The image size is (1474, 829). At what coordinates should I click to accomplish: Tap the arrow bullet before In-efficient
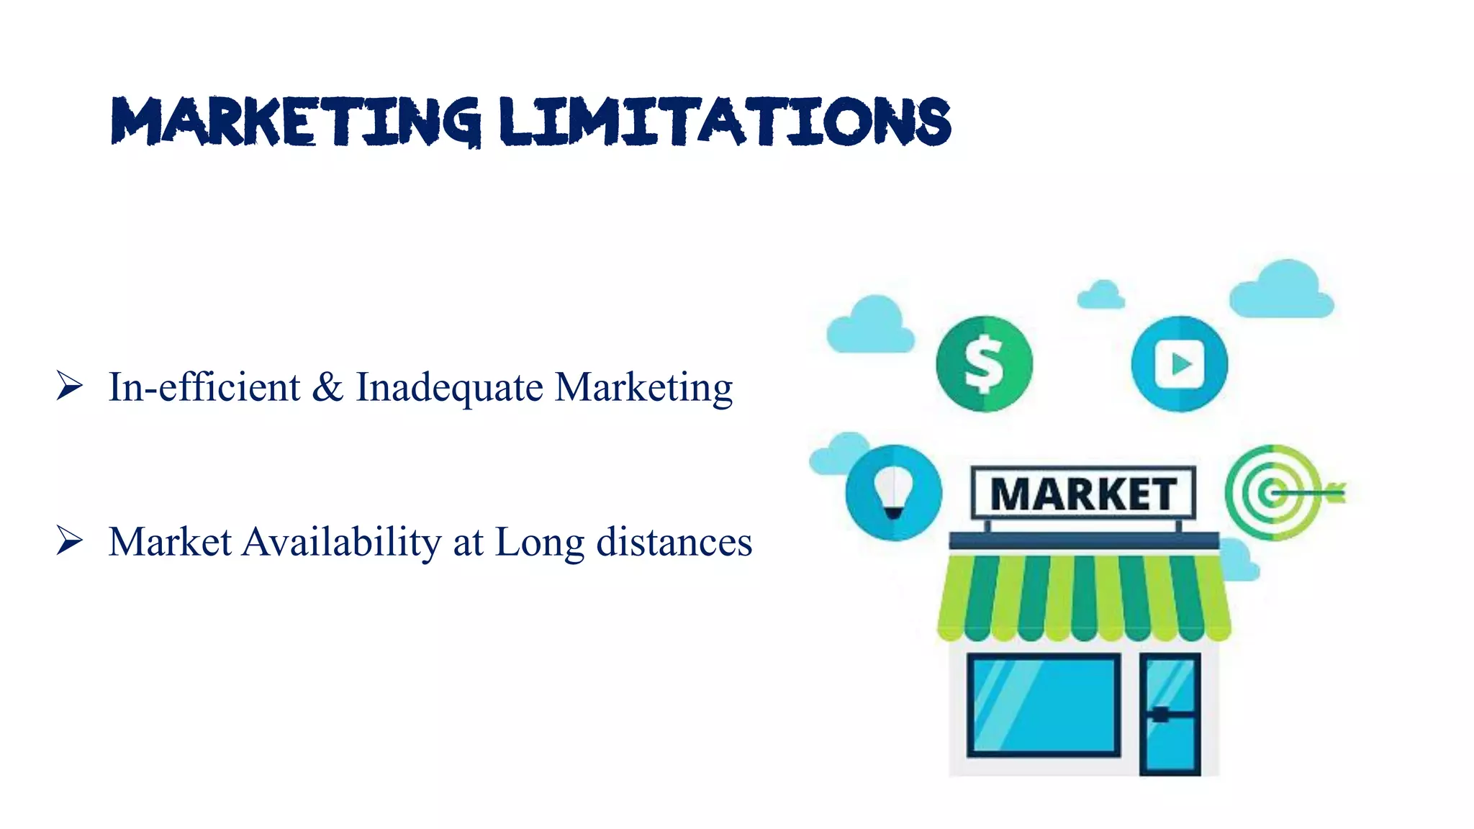(70, 386)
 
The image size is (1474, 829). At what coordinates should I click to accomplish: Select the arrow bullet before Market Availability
(70, 540)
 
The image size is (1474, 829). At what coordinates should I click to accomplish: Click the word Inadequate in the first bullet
(450, 387)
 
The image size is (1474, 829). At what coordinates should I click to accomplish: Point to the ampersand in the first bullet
(327, 387)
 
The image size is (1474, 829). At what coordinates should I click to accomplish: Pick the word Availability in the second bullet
(342, 542)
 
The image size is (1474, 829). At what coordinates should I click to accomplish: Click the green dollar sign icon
(984, 364)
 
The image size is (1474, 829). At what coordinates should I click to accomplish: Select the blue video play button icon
(1179, 364)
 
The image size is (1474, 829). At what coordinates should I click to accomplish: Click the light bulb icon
(893, 493)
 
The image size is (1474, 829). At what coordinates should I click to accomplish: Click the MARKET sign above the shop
(1083, 494)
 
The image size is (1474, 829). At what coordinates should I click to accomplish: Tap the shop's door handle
(1160, 715)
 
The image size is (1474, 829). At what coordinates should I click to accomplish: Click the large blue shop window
(1043, 705)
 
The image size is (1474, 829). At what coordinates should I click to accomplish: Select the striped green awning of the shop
(1083, 597)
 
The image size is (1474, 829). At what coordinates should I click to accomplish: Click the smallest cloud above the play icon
(1100, 295)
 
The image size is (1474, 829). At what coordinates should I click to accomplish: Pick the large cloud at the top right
(1282, 290)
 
